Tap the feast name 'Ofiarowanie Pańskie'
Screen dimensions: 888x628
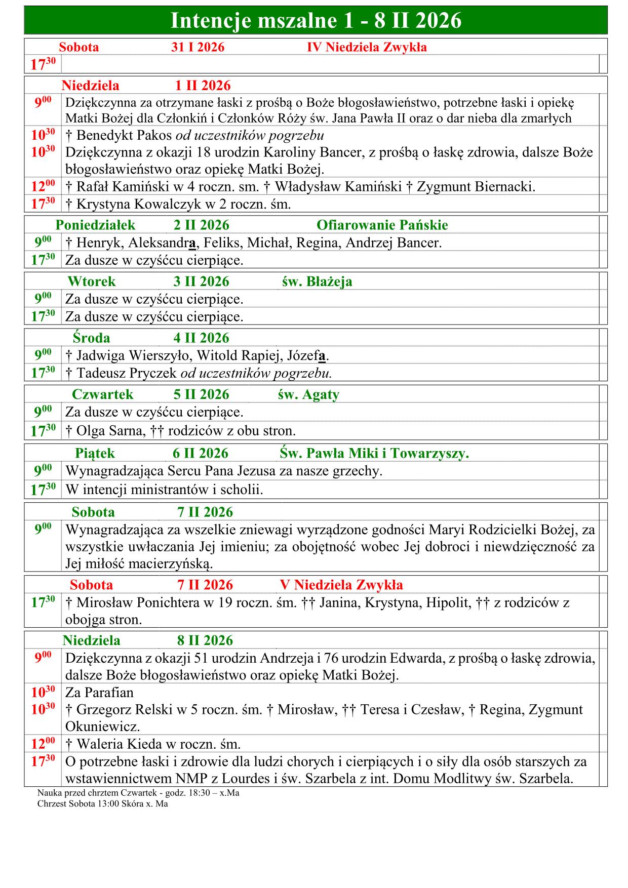pos(382,225)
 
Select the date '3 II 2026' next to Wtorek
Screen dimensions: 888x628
pos(201,281)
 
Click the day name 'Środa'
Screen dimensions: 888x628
pos(91,338)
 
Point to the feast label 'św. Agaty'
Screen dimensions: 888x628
pos(308,394)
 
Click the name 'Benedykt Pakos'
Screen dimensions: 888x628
pos(124,136)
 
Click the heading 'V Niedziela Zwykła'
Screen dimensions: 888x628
pos(341,585)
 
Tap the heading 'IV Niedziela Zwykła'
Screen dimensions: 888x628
pos(367,47)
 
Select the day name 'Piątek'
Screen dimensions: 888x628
pos(95,453)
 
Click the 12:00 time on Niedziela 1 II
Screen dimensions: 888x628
pos(43,186)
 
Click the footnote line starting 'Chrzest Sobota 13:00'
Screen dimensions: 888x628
pos(102,803)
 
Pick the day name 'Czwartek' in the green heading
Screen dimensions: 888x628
pos(102,394)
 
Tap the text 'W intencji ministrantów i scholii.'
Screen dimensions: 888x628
pos(164,490)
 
